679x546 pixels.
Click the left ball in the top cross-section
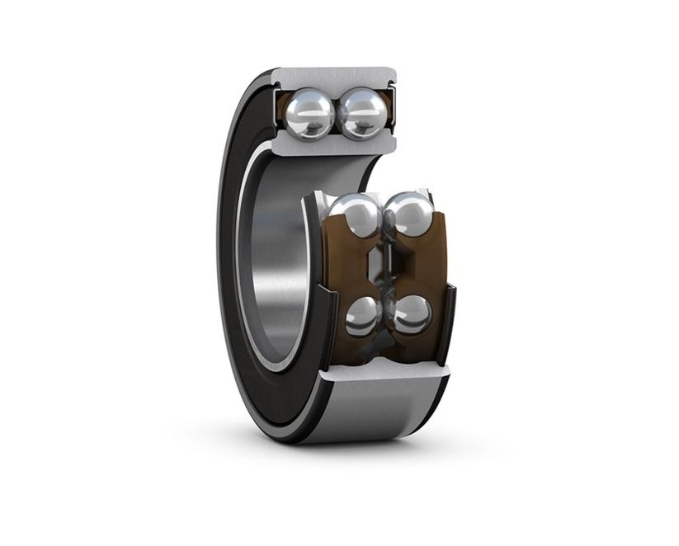click(x=309, y=112)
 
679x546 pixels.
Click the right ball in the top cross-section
click(x=363, y=113)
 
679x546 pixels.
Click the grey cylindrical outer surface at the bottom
click(x=371, y=412)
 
